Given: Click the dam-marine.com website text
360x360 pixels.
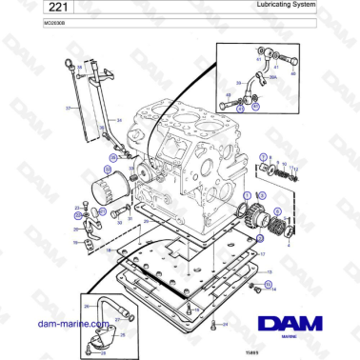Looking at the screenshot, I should click(39, 322).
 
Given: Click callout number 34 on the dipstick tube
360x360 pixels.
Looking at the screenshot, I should click(120, 120).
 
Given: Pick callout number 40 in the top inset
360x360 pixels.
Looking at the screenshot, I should click(294, 72).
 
